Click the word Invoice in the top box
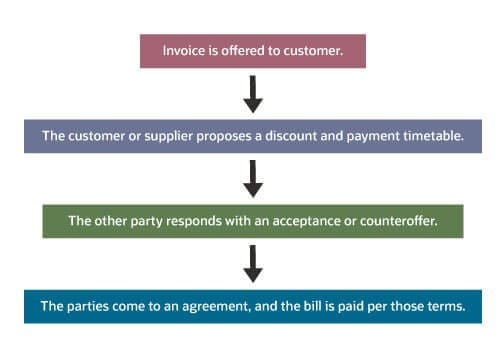[182, 51]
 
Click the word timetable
[430, 135]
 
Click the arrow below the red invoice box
[253, 93]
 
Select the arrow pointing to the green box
[253, 178]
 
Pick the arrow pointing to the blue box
[253, 263]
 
